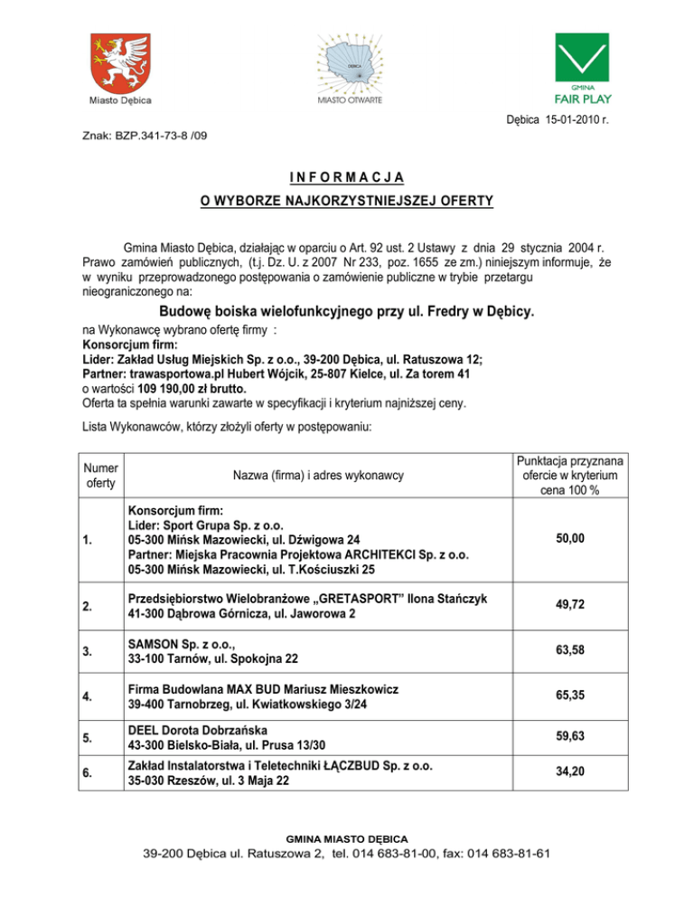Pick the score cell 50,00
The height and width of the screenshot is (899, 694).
[570, 539]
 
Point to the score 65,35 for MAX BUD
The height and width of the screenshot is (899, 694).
[570, 697]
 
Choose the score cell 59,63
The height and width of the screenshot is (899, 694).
[570, 737]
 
